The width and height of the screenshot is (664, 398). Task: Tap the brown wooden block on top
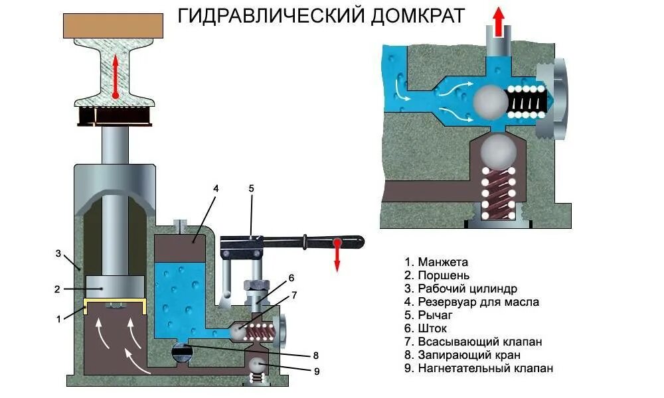click(x=115, y=25)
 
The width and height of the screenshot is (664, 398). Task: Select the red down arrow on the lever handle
click(x=337, y=255)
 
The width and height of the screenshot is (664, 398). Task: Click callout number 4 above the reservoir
click(x=216, y=188)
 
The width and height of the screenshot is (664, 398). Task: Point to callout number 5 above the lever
click(x=251, y=188)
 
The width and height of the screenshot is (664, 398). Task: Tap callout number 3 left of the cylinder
click(x=58, y=253)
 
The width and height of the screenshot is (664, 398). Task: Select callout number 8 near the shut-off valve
click(x=316, y=354)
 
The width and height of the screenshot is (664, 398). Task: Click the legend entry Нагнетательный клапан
click(x=478, y=368)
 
